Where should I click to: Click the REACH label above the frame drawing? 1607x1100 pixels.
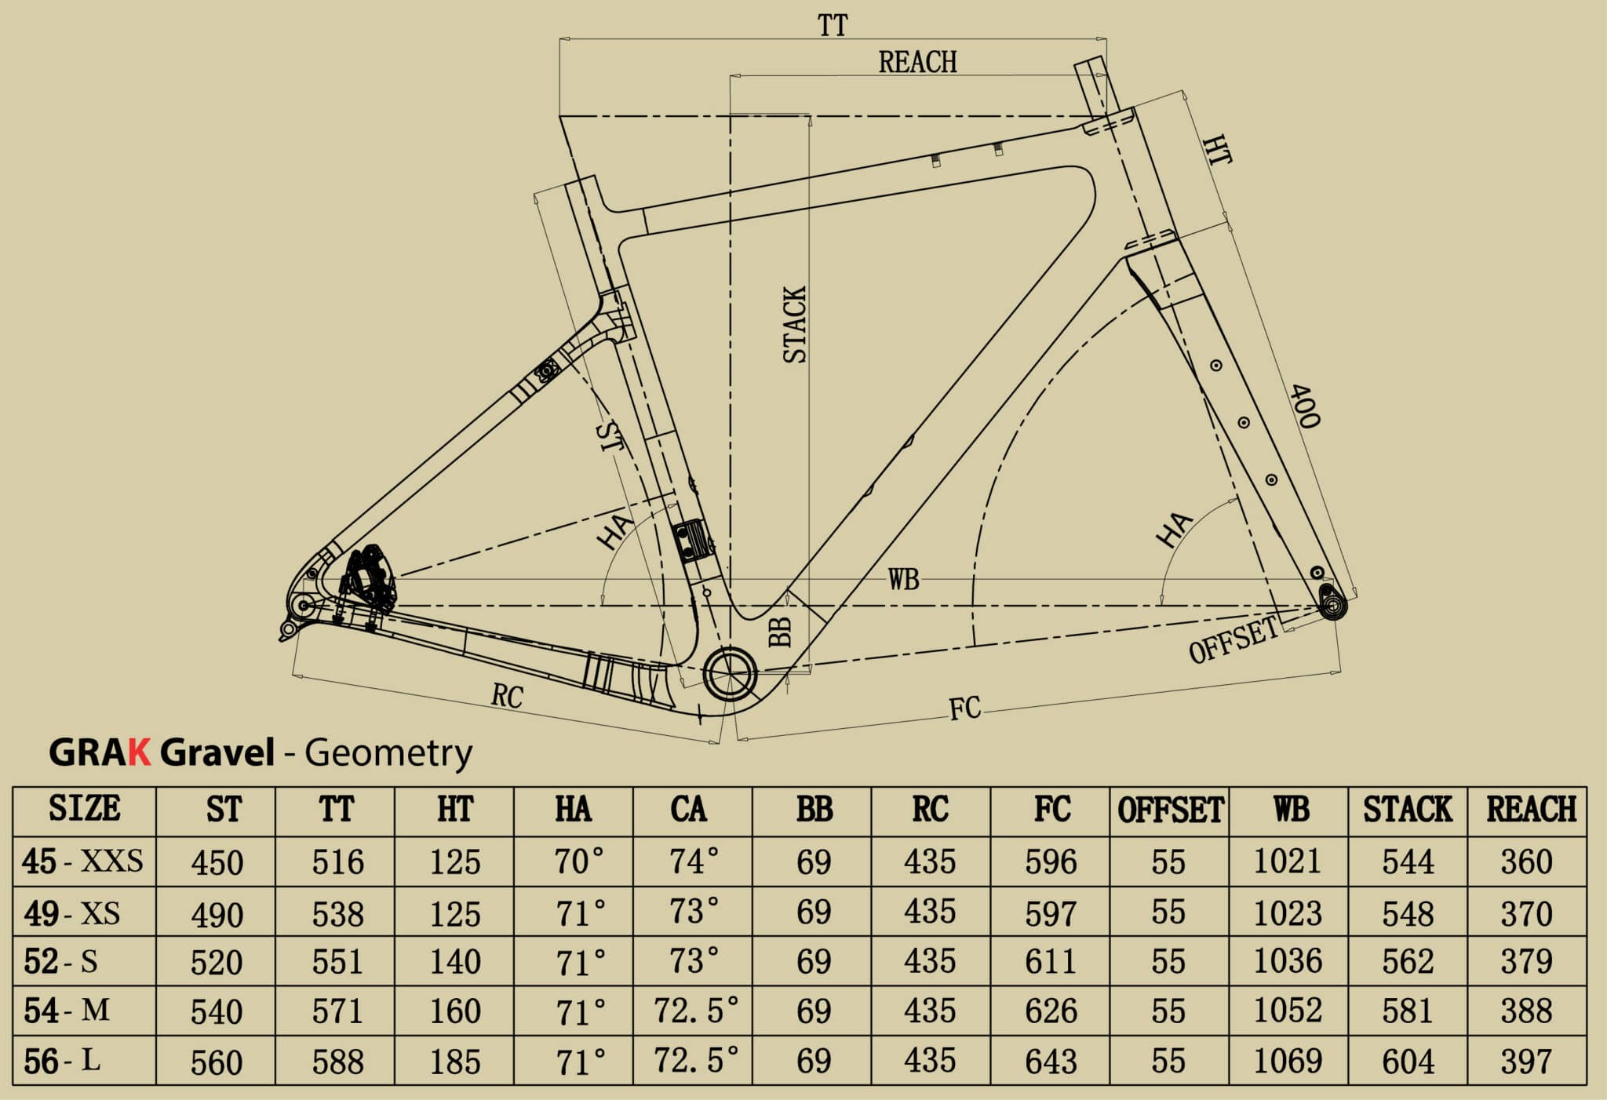coord(917,62)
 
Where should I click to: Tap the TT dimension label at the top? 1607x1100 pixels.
coord(833,25)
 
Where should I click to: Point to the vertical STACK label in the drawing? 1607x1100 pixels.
coord(794,324)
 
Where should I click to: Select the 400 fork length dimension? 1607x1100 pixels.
coord(1303,406)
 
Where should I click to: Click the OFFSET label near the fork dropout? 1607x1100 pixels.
coord(1233,639)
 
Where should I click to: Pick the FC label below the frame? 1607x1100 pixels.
coord(964,708)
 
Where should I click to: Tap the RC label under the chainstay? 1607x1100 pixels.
coord(507,695)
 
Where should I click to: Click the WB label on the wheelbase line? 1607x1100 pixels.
coord(903,580)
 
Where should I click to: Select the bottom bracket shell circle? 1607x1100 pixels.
coord(730,673)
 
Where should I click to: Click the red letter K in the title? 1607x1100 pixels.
coord(139,752)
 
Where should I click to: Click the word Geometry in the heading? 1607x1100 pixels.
coord(388,752)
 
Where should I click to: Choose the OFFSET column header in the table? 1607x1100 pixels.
coord(1170,810)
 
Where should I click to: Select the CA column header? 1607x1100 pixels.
coord(688,810)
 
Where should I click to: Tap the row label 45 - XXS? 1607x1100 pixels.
coord(83,861)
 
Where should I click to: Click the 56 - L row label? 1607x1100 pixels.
coord(62,1062)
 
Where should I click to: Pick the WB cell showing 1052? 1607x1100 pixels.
coord(1288,1011)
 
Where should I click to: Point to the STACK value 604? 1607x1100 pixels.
coord(1408,1062)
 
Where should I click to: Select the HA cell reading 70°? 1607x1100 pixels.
coord(579,861)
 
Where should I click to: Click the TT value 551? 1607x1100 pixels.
coord(337,962)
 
